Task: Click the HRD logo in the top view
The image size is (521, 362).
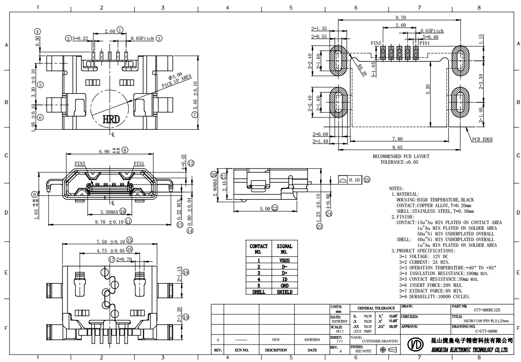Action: click(108, 118)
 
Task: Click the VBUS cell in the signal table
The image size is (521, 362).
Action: click(284, 260)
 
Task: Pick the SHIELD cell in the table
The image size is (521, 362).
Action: click(284, 292)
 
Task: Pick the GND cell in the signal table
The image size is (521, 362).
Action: click(284, 286)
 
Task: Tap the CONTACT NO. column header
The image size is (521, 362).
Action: click(259, 249)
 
